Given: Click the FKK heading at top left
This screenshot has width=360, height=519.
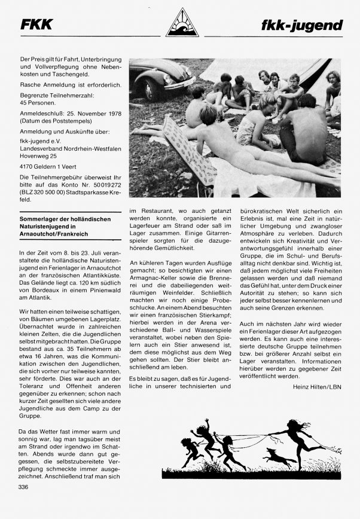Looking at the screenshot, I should [36, 25].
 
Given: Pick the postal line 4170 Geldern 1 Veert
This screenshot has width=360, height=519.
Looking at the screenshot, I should [51, 167].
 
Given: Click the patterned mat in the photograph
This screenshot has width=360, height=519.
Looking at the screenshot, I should [187, 149].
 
